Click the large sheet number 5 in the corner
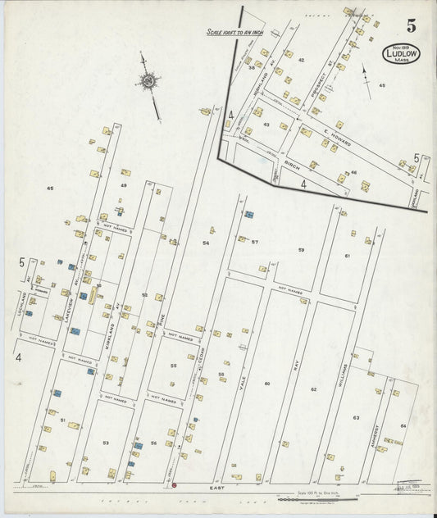410,25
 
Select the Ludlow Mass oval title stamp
401,55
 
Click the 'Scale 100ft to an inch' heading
234,33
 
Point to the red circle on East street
174,485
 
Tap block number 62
313,389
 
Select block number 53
105,443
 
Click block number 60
266,384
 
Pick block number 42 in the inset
301,60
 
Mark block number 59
301,249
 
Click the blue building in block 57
249,215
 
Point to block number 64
403,425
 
